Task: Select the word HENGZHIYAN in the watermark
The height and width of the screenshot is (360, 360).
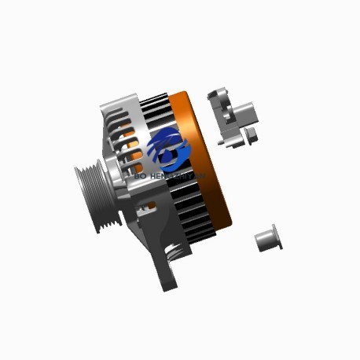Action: [x=178, y=177]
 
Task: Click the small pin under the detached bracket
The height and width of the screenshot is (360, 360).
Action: [x=233, y=144]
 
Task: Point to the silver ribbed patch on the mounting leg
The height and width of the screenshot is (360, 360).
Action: [x=178, y=252]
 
